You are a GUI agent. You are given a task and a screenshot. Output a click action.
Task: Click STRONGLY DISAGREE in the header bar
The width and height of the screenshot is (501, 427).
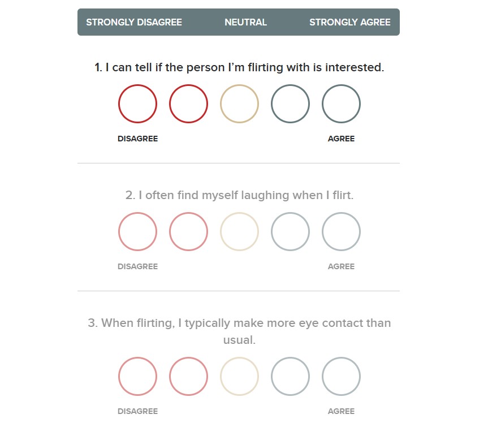tap(134, 22)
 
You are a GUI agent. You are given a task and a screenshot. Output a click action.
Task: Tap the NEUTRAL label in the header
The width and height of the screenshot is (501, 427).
tap(245, 22)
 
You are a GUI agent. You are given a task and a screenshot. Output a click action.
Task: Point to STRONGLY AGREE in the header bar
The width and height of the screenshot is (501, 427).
tap(350, 22)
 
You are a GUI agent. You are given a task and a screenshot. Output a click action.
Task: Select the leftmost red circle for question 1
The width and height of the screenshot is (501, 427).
tap(119, 103)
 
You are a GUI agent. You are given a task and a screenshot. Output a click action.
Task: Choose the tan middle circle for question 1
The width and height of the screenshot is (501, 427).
tap(221, 103)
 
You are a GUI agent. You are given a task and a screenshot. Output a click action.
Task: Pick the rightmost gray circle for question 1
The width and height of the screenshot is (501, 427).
tap(322, 103)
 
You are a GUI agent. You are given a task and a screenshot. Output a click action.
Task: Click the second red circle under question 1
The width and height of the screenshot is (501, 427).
tap(170, 103)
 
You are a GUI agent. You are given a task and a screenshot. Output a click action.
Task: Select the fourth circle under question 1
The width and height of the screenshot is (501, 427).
tap(271, 103)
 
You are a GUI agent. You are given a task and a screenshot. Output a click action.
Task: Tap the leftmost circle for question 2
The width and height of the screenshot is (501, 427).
tap(119, 231)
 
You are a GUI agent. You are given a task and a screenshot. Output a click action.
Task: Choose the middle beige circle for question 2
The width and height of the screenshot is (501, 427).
tap(221, 231)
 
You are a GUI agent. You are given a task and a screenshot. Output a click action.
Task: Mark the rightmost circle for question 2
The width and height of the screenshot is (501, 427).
tap(322, 231)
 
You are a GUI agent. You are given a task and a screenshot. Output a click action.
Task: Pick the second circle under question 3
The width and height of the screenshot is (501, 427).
tap(170, 376)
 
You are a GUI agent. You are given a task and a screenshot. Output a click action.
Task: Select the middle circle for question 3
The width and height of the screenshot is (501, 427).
tap(221, 376)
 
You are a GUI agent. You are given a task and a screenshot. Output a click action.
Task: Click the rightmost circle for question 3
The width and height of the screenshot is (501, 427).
tap(322, 376)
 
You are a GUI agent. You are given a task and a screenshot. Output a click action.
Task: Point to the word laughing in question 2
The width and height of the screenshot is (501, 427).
tap(265, 195)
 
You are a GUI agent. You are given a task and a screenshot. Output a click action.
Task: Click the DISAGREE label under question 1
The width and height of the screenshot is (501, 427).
tap(138, 139)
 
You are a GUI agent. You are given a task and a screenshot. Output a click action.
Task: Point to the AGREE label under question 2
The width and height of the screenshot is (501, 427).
tap(341, 266)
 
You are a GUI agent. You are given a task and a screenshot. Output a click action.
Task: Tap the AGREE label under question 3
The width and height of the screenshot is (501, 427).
tap(341, 411)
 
